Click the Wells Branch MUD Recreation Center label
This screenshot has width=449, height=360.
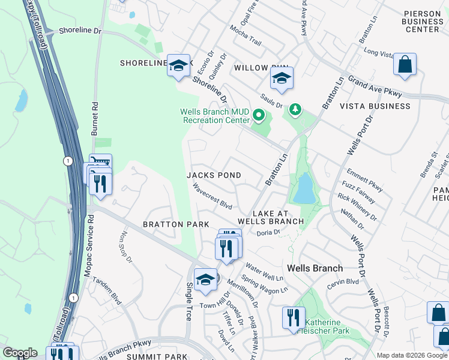point(215,116)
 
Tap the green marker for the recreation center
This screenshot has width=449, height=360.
point(259,115)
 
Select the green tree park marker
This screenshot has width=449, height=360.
point(295,109)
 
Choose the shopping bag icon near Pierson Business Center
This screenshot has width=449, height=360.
point(405,65)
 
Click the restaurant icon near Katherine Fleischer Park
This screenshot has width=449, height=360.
point(294,317)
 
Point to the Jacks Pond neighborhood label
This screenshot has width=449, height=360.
point(214,175)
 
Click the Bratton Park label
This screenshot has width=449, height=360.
point(175,224)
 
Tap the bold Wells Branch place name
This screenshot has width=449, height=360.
point(315,268)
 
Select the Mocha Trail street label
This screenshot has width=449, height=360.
point(246,35)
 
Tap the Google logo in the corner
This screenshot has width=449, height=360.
point(20,353)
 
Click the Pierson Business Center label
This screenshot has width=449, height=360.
point(423,21)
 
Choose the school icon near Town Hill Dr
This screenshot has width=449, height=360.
point(205,280)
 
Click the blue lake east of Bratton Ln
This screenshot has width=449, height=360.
point(304,189)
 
